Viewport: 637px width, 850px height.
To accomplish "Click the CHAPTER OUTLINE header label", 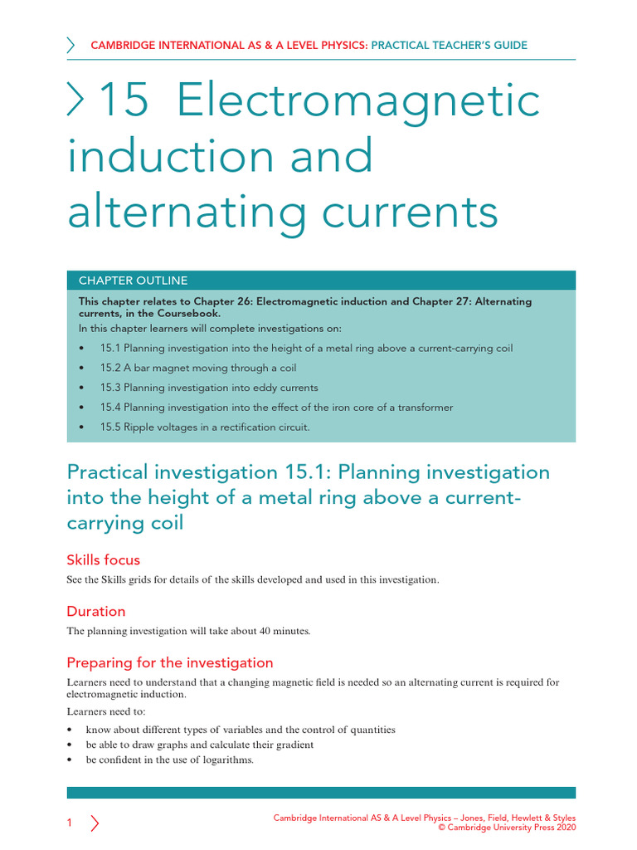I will [133, 281].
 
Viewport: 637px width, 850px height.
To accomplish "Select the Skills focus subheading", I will [103, 559].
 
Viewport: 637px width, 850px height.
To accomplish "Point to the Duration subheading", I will [96, 611].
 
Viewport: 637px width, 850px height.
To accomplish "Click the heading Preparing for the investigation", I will [169, 662].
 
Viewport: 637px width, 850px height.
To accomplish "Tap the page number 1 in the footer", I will [70, 823].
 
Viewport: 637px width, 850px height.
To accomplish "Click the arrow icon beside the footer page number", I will [95, 823].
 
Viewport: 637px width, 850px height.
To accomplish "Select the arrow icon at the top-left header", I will [71, 46].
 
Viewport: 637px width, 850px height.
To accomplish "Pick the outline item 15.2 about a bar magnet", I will [198, 368].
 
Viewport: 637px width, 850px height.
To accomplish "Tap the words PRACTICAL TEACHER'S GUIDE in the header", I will [449, 46].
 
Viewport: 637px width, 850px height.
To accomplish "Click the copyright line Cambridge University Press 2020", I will [507, 827].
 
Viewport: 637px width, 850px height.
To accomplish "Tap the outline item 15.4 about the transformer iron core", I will [276, 408].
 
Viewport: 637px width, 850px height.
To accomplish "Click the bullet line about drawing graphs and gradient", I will [200, 745].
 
